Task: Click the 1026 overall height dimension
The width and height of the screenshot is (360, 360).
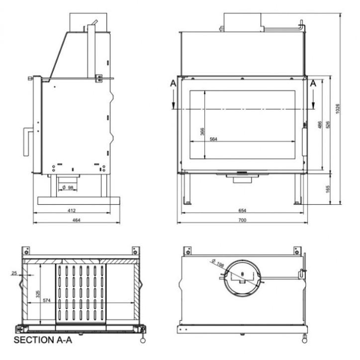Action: pyautogui.click(x=338, y=108)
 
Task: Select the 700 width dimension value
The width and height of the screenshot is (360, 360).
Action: pyautogui.click(x=242, y=219)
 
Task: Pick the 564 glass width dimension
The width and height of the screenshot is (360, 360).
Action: pyautogui.click(x=213, y=139)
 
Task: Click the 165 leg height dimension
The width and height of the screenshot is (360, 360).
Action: pyautogui.click(x=328, y=189)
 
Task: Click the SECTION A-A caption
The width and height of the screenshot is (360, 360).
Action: pyautogui.click(x=43, y=341)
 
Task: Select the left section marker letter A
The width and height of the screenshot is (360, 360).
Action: pyautogui.click(x=173, y=85)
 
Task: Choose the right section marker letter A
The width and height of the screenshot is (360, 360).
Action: pyautogui.click(x=313, y=85)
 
